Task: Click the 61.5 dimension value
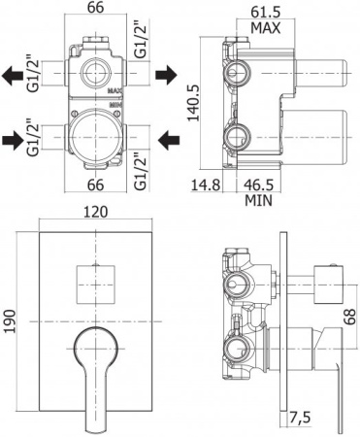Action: pyautogui.click(x=265, y=13)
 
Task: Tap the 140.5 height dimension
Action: pyautogui.click(x=194, y=103)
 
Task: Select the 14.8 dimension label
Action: pyautogui.click(x=206, y=185)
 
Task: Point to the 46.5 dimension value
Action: pyautogui.click(x=258, y=185)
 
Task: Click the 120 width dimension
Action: pyautogui.click(x=95, y=213)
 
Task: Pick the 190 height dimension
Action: pyautogui.click(x=10, y=321)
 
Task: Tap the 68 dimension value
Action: pyautogui.click(x=349, y=317)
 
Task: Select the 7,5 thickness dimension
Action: pyautogui.click(x=300, y=418)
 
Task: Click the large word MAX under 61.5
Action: pyautogui.click(x=266, y=28)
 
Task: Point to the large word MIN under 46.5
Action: pyautogui.click(x=258, y=201)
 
